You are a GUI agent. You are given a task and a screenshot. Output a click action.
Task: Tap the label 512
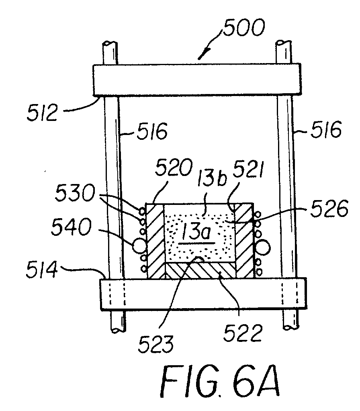42,112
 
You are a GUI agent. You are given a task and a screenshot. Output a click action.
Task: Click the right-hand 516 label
325,129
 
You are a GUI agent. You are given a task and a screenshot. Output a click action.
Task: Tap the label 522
242,333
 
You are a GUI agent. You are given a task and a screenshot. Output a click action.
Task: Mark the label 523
156,344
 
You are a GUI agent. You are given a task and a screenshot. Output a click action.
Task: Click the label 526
329,209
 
